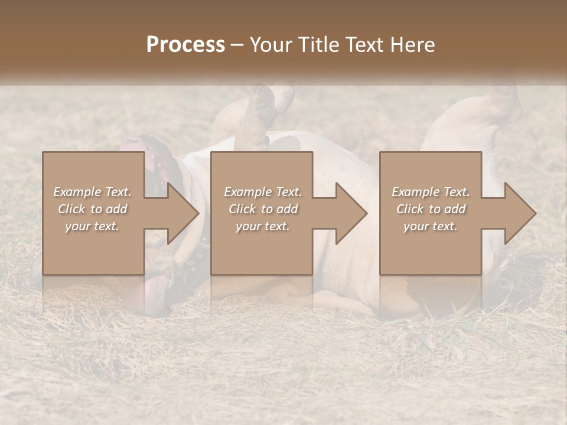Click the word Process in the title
click(x=185, y=45)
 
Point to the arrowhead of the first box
click(x=181, y=213)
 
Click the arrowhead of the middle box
click(x=350, y=213)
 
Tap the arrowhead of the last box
click(x=519, y=213)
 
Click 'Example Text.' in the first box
click(x=93, y=192)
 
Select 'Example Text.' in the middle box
click(x=263, y=192)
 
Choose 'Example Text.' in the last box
click(x=431, y=192)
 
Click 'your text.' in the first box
click(x=92, y=226)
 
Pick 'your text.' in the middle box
click(x=262, y=226)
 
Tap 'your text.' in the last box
click(x=430, y=226)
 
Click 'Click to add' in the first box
click(x=93, y=209)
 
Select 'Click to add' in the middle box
click(x=263, y=209)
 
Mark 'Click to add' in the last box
click(x=431, y=209)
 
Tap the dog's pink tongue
click(x=155, y=289)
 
